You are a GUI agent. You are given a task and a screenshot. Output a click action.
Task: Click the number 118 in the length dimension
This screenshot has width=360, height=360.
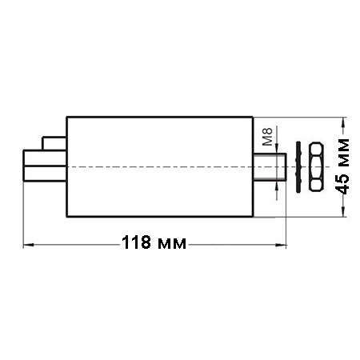pos(136,242)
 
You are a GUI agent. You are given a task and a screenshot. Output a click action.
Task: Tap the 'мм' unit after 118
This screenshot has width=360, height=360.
pos(172,244)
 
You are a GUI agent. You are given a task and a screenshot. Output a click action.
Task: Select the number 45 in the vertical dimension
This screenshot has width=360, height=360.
pos(342,184)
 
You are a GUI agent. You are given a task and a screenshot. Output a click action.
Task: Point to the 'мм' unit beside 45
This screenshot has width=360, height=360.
pos(343,153)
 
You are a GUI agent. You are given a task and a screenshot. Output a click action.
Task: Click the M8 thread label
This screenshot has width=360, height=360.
pos(267,137)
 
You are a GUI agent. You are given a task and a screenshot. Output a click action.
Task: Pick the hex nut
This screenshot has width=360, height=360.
pos(316,166)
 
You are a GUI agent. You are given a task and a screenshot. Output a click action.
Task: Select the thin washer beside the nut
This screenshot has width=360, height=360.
pos(298,167)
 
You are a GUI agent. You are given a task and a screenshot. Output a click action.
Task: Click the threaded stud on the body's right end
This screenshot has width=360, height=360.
pos(270,167)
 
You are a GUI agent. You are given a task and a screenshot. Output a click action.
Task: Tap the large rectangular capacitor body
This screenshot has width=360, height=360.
pos(159,167)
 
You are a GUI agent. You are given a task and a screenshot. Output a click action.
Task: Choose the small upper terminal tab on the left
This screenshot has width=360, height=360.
pos(54,143)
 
